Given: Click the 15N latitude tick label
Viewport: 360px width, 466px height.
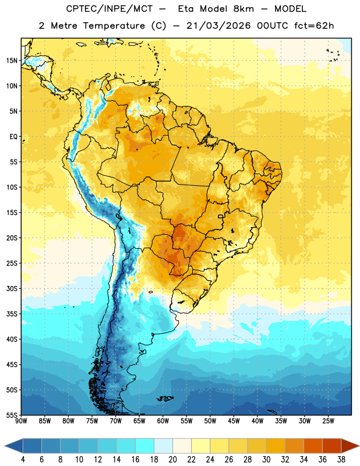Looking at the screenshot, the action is point(12,61).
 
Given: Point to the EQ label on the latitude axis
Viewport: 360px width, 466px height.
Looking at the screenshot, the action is point(13,137).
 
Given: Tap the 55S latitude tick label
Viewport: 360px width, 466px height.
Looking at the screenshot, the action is point(12,415).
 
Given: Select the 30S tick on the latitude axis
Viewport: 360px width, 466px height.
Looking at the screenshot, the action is point(12,288).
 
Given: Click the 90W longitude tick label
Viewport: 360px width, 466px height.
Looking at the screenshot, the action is point(21,421).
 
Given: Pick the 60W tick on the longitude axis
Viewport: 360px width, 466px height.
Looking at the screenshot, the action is point(163,421).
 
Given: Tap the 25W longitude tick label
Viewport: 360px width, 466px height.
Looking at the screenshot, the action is point(328,421).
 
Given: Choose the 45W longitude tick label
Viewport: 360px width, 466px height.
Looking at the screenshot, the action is point(234,421).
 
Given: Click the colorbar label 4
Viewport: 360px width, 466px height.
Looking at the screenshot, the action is point(23,460).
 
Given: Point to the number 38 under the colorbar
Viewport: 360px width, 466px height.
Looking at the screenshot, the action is point(341,460).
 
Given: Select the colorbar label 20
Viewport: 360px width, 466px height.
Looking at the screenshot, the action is point(172,460).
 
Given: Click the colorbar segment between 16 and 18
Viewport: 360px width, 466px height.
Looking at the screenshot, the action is point(144,446).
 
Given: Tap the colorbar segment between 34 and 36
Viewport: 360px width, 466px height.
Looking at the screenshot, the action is point(313,446).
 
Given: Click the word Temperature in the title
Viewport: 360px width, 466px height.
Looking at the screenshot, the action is point(114,26).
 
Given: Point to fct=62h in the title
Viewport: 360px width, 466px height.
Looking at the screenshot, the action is point(314,26).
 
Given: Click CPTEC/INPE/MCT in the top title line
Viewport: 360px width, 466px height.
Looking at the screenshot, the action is point(110,9).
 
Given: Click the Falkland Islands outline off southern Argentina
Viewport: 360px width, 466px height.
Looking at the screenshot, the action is point(165,398).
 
